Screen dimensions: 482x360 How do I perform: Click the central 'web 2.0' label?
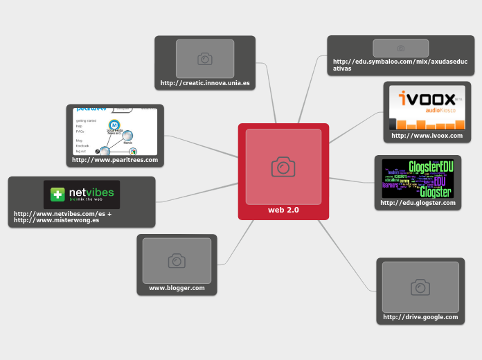(x=283, y=210)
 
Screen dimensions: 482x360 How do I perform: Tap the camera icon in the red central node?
(x=283, y=167)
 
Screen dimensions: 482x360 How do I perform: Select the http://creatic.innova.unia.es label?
(x=205, y=83)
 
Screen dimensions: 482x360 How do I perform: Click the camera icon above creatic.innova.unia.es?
(x=205, y=59)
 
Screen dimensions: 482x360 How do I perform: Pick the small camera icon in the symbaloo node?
(x=400, y=48)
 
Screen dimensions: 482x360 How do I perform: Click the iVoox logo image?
(x=427, y=107)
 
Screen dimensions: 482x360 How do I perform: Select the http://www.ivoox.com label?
(x=427, y=136)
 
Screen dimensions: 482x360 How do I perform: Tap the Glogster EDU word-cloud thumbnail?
(x=418, y=179)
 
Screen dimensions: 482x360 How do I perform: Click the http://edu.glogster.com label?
(x=418, y=203)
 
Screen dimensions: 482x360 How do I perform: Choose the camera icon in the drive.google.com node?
(x=420, y=287)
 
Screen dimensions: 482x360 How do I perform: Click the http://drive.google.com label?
(x=420, y=317)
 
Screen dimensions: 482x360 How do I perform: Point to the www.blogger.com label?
(x=177, y=288)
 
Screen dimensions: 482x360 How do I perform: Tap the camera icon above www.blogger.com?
(x=177, y=261)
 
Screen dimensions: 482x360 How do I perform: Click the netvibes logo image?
(x=82, y=195)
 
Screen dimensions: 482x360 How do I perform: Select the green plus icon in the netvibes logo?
(x=57, y=195)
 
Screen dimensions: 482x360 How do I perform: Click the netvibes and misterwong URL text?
(x=62, y=217)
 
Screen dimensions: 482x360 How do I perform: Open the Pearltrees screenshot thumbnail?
(x=115, y=132)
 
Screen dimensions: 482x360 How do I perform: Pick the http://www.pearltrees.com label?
(x=115, y=160)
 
